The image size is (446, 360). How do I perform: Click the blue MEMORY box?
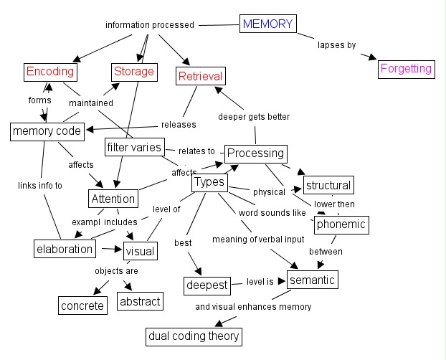click(x=268, y=24)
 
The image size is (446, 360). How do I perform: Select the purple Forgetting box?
click(x=406, y=69)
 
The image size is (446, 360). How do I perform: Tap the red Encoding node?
click(x=50, y=72)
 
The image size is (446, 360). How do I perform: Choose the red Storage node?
click(x=133, y=72)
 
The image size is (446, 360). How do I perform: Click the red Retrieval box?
click(x=201, y=76)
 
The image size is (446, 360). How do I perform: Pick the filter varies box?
click(x=134, y=148)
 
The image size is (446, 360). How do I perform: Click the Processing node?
click(x=256, y=153)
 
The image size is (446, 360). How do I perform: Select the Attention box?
click(x=113, y=199)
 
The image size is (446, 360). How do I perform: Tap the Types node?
click(x=209, y=183)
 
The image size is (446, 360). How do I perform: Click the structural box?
click(x=328, y=185)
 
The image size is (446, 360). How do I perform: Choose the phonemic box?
click(x=341, y=224)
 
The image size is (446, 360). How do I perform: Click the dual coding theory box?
click(x=194, y=336)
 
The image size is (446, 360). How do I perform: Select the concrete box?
click(x=82, y=305)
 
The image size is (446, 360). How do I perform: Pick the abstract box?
click(x=140, y=301)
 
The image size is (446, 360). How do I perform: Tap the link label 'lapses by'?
click(x=336, y=45)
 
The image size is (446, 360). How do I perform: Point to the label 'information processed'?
click(x=150, y=25)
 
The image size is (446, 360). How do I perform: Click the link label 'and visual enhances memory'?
click(x=253, y=307)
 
